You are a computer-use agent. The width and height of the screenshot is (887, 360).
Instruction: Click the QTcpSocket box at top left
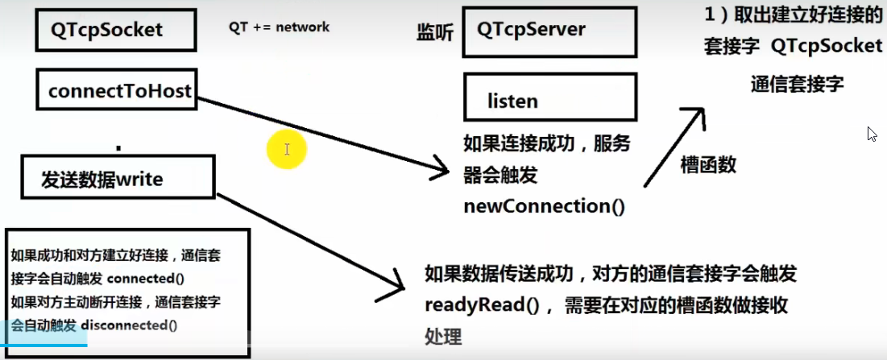coord(116,30)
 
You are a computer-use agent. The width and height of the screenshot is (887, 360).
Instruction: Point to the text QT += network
coord(279,27)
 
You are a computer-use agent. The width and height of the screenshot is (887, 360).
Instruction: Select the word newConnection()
coord(544,206)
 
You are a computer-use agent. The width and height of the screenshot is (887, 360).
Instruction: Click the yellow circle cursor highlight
coord(287,150)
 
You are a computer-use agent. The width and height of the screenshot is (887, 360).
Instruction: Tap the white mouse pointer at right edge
coord(872,134)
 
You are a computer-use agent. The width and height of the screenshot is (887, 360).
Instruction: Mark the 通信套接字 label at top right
coord(796,85)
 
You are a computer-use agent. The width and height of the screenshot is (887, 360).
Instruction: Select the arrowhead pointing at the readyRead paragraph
coord(398,282)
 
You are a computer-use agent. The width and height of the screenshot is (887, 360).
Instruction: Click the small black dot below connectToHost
coord(118,148)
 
